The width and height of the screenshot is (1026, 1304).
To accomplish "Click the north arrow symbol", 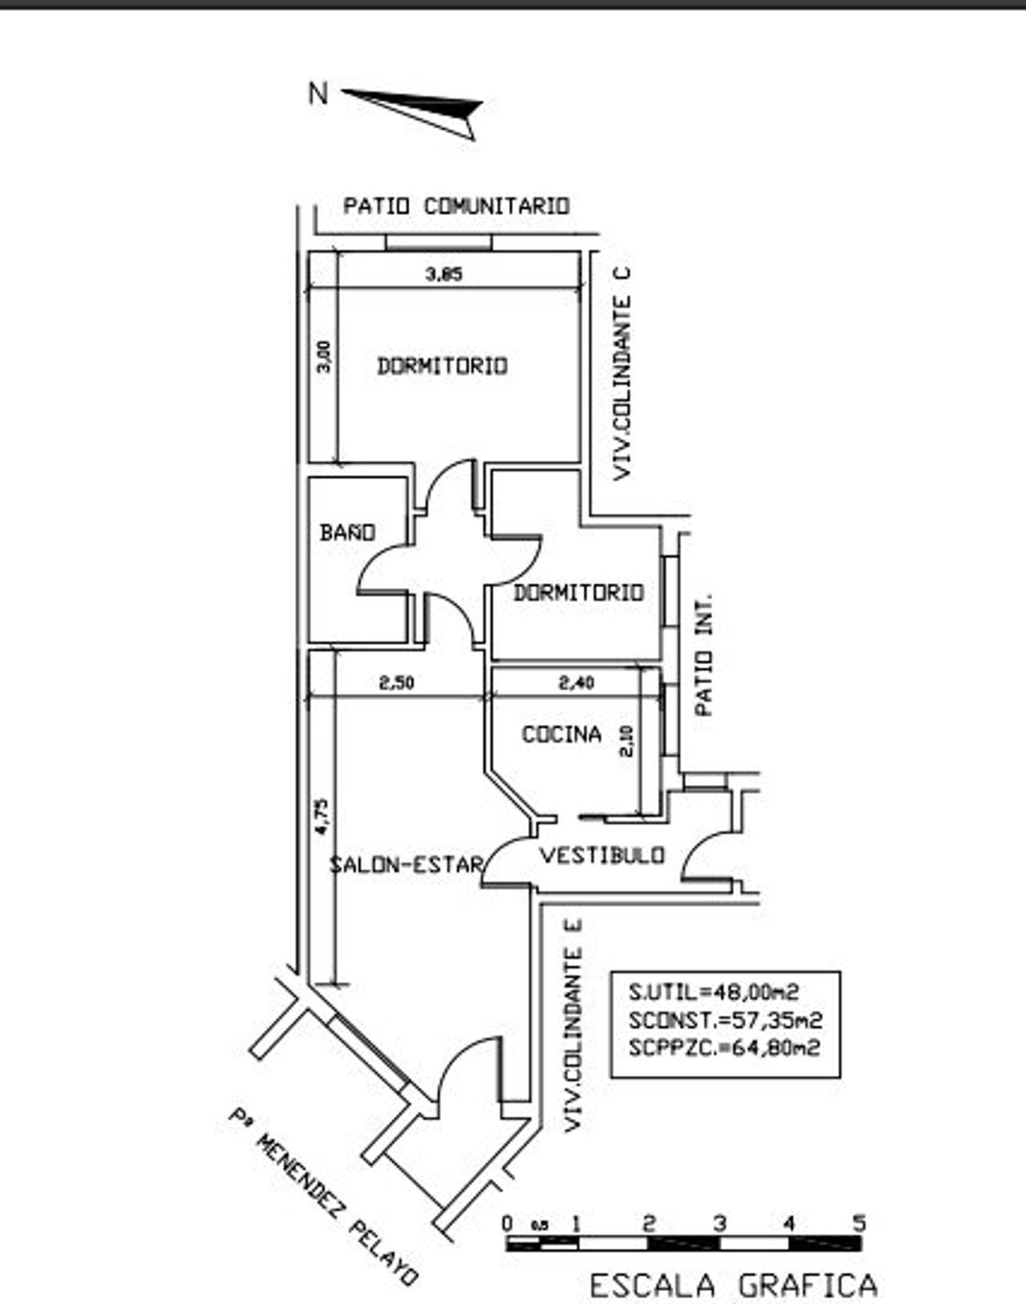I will point(417,109).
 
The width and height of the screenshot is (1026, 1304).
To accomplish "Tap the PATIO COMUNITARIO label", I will point(456,206).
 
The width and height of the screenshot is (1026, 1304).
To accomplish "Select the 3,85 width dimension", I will point(444,274).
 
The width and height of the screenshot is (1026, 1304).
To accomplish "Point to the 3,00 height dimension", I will point(324,356).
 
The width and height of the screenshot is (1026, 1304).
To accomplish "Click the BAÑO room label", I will point(347,532).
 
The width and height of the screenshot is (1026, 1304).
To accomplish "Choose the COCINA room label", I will point(562,734).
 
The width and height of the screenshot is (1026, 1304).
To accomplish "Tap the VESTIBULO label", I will point(602,855).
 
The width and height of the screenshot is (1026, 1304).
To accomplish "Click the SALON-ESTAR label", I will point(406,864).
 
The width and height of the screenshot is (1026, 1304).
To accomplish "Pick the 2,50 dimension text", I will point(397,682).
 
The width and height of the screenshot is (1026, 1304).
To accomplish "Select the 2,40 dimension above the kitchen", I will point(577,682).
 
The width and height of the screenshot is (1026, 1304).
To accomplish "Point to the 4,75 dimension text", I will point(321,816).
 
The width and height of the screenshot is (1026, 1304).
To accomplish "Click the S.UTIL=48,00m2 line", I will point(713,992).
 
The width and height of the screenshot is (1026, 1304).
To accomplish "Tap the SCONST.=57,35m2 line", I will point(725,1020).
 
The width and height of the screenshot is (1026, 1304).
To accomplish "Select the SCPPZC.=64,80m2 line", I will point(724,1048).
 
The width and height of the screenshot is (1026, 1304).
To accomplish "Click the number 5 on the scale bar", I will point(859,1223).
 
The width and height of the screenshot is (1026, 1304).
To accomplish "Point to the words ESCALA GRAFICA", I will point(733,1286).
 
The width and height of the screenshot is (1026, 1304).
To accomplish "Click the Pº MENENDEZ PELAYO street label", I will point(323,1196).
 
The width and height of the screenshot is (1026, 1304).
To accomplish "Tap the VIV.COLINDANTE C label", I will point(622,373).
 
